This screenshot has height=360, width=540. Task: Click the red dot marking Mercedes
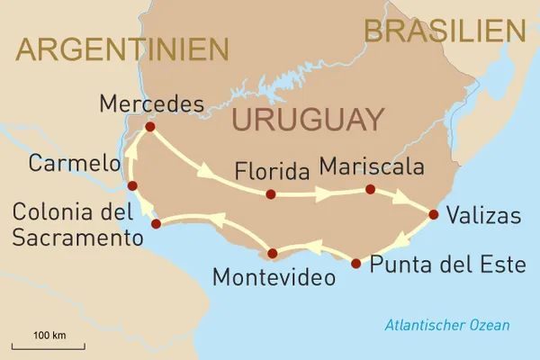pos(149,127)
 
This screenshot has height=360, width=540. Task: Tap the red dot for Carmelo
pos(132,186)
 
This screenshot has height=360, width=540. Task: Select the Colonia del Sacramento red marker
pos(156,223)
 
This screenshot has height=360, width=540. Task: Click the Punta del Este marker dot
pos(355,264)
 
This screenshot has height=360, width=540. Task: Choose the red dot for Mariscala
pos(369,189)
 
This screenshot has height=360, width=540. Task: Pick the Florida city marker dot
pos(270,193)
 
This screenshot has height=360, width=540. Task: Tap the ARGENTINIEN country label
pos(122,49)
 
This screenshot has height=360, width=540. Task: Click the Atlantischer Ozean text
pos(446,325)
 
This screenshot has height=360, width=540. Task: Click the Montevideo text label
pos(274,277)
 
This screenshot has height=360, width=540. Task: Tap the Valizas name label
pos(488,217)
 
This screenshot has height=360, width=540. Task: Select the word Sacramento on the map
pos(77,238)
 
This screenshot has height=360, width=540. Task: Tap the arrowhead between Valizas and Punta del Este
pos(402,240)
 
